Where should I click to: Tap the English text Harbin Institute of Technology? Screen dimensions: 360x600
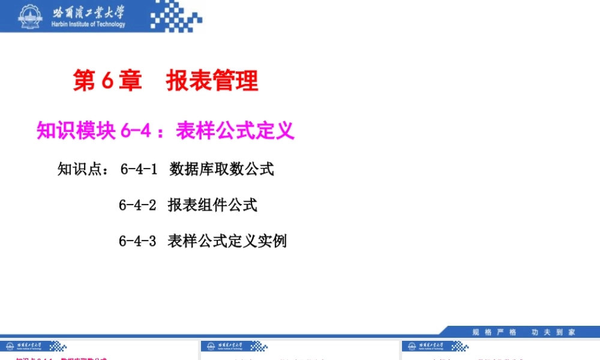coord(89,25)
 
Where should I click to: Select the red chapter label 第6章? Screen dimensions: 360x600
coord(107,80)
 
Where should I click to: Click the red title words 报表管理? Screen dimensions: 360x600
coord(212,80)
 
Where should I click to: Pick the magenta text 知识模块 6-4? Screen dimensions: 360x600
coord(93,130)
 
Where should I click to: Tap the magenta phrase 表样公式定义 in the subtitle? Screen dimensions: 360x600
coord(235,130)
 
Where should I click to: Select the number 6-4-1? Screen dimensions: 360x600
coord(139,169)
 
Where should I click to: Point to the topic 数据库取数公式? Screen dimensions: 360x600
coord(221,169)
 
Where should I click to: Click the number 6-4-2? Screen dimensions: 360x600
coord(137,205)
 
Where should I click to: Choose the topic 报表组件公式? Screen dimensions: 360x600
coord(212,205)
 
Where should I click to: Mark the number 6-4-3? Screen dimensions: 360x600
coord(137,241)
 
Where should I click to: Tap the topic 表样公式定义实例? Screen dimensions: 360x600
coord(227,241)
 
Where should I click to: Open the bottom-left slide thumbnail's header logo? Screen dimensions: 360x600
coord(34,346)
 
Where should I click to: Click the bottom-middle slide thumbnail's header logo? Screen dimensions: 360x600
coord(234,346)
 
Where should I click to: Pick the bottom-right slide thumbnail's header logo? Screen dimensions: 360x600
coord(435,346)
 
